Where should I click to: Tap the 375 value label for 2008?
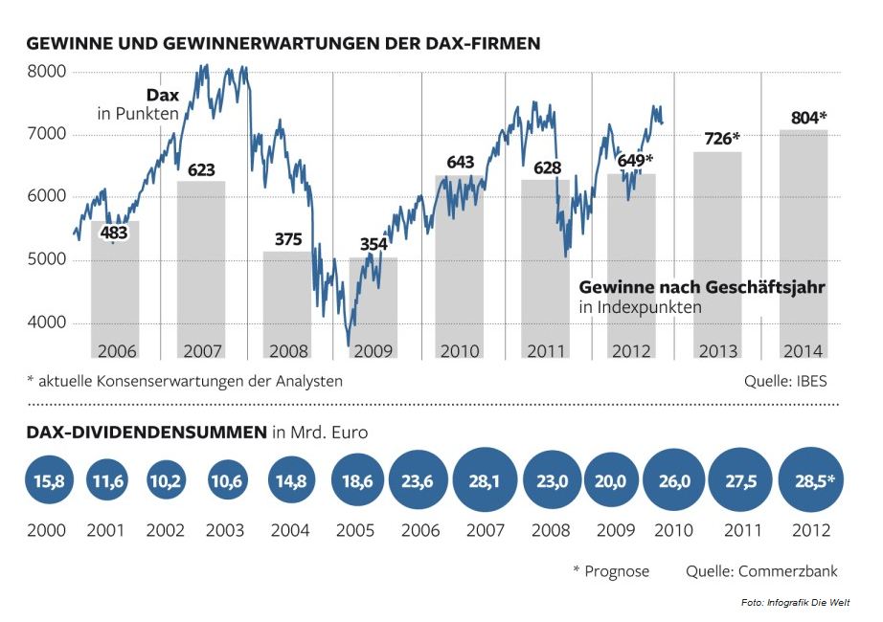[x=288, y=239]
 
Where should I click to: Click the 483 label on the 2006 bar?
[x=113, y=231]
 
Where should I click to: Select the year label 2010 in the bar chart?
[x=460, y=350]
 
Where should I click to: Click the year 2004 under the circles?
[x=290, y=530]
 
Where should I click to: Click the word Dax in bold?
[x=162, y=95]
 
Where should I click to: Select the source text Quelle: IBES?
[x=785, y=381]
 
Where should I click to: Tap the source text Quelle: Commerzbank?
[x=761, y=571]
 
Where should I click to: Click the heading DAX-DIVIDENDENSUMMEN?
[x=147, y=433]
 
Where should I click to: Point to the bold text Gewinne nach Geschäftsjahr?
[x=702, y=287]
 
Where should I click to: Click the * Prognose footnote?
[x=610, y=571]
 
